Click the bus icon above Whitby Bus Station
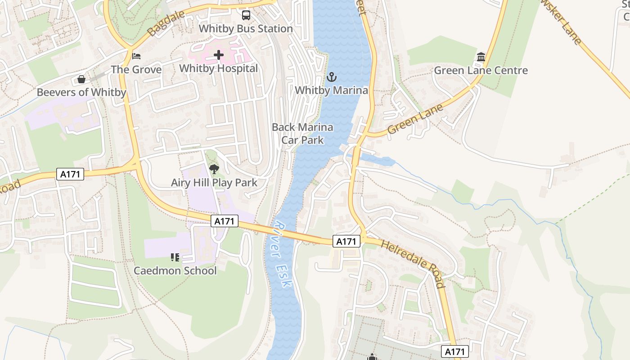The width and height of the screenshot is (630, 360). tap(246, 15)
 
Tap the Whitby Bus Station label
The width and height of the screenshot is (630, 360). tap(246, 29)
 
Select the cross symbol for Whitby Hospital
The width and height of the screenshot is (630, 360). tap(219, 55)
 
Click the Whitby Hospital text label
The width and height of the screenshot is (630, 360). tap(219, 68)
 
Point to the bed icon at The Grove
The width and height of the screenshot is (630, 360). tap(136, 56)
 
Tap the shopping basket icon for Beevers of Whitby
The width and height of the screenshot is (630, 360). tap(81, 80)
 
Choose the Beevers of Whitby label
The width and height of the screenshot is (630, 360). tap(81, 93)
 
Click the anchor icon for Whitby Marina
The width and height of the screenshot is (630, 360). tap(331, 77)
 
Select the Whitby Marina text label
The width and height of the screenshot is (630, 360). tap(331, 90)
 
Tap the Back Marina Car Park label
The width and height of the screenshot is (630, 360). tap(302, 134)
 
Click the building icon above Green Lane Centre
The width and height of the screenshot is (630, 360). tap(481, 57)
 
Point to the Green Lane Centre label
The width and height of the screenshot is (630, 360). tap(481, 71)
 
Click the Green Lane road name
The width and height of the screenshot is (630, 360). tap(415, 119)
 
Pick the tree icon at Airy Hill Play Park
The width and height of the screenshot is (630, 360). tap(214, 169)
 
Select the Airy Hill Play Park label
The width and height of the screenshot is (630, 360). tap(214, 183)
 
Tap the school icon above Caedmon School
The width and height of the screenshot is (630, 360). tap(175, 257)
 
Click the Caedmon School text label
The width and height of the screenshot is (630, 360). tap(175, 271)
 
